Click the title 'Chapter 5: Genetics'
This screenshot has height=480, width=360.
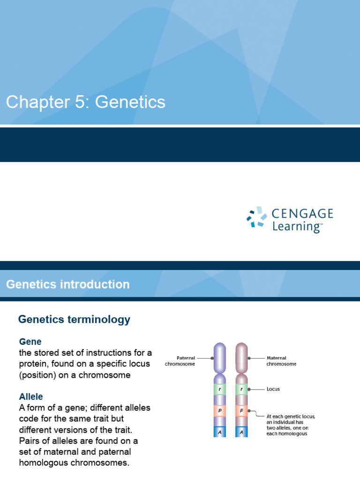(x=85, y=102)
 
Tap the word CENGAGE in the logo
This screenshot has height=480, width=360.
(x=302, y=214)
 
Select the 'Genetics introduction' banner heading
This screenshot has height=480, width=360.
(x=67, y=285)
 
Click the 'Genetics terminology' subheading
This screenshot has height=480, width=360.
(x=74, y=320)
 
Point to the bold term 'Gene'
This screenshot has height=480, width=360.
(x=30, y=342)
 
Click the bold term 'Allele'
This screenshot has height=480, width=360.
(x=31, y=397)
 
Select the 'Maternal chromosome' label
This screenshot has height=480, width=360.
(x=281, y=360)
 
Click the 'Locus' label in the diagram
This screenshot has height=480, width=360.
(x=273, y=389)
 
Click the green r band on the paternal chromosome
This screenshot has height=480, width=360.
(x=219, y=389)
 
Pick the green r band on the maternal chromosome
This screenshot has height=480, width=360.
(x=241, y=389)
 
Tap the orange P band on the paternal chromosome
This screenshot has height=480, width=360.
(x=219, y=411)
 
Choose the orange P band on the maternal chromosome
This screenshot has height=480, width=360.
(x=241, y=411)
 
